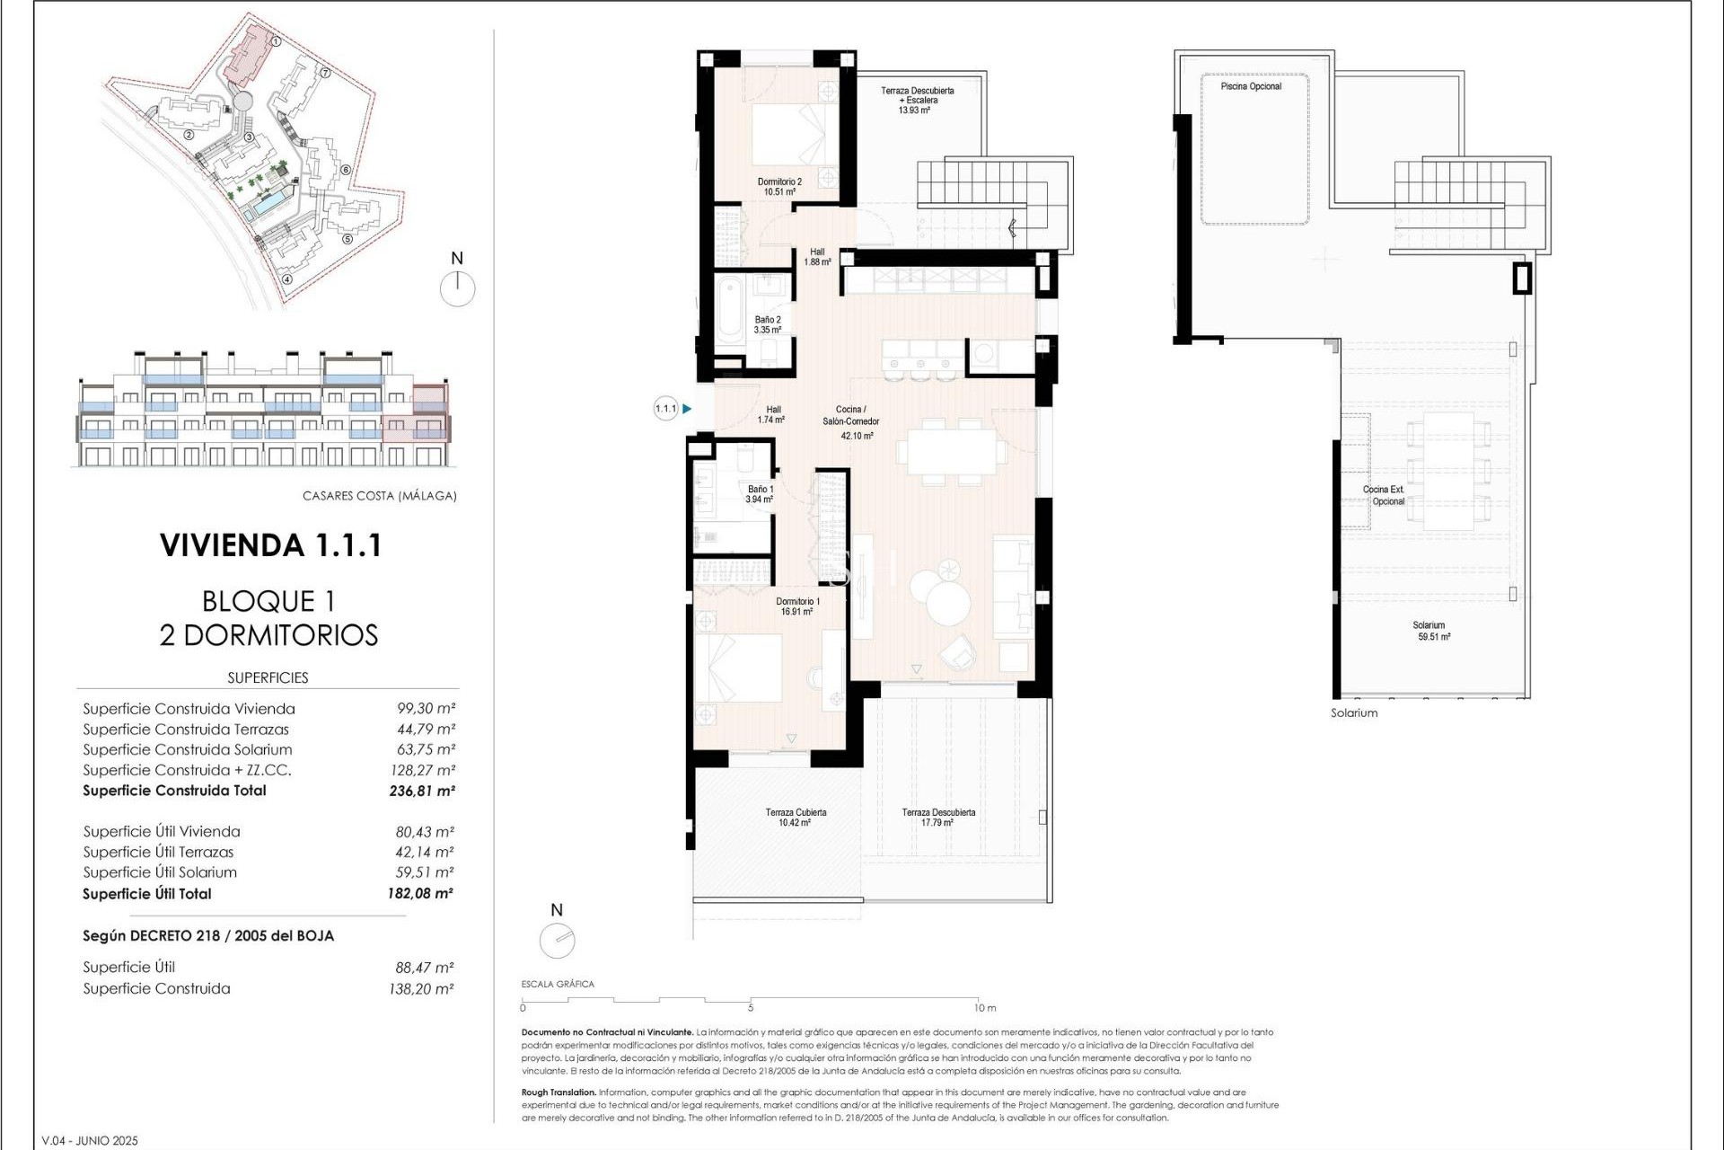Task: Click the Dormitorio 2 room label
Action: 778,186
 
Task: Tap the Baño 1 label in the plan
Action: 760,494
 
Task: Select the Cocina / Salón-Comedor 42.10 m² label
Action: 851,422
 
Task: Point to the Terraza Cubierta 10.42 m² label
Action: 796,817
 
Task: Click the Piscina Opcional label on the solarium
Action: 1251,86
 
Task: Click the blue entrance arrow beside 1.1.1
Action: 687,409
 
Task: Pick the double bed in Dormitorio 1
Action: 742,668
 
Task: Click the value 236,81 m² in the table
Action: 421,792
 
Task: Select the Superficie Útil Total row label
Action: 147,894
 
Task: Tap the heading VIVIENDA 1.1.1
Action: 270,545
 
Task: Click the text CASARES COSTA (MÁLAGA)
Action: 379,496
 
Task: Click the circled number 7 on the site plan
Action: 325,74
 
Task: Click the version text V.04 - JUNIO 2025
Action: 90,1140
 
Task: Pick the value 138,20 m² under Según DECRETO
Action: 422,989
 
